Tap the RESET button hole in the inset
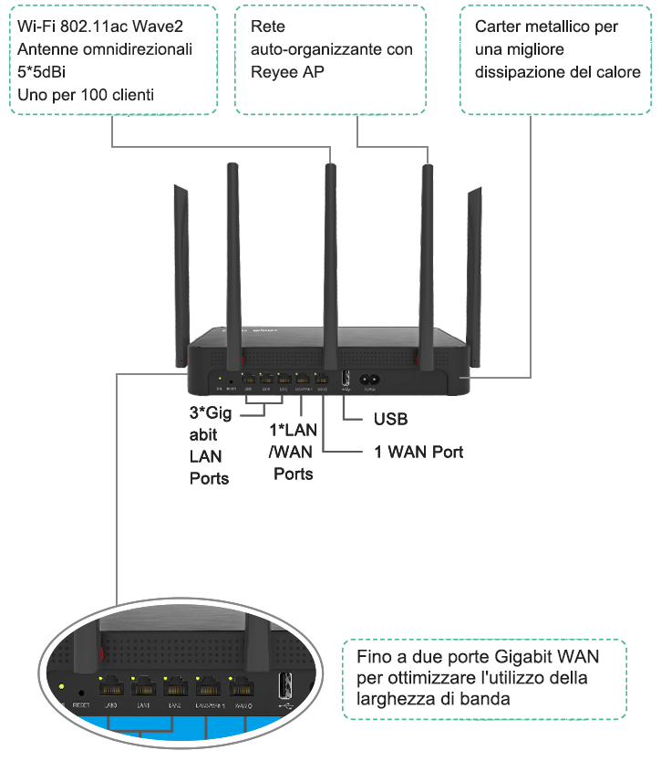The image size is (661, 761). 83,690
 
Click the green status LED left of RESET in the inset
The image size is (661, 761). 61,686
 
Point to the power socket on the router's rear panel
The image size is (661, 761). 371,380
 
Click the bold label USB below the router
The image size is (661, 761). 390,420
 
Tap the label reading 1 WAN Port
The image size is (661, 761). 419,452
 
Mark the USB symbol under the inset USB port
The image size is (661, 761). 285,707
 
